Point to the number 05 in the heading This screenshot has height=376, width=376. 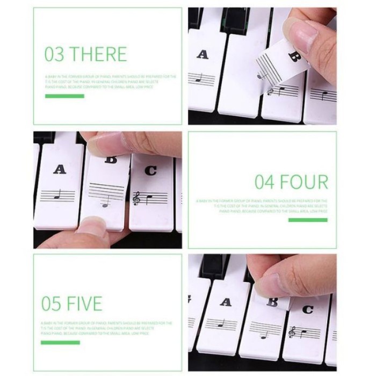tap(52, 303)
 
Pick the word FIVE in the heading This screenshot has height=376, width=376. tap(84, 303)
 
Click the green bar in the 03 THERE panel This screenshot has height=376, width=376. tap(64, 96)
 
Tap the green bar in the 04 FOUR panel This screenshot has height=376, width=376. tap(307, 220)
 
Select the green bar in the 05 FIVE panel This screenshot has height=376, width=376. tap(60, 342)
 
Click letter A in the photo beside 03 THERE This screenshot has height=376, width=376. tap(202, 54)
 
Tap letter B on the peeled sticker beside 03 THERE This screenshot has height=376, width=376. tap(293, 55)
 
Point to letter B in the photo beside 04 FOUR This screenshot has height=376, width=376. tap(111, 160)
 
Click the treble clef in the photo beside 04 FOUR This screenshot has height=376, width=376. tap(136, 199)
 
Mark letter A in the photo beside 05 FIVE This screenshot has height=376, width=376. tap(226, 302)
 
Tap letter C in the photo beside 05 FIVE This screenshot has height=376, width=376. tap(307, 309)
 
